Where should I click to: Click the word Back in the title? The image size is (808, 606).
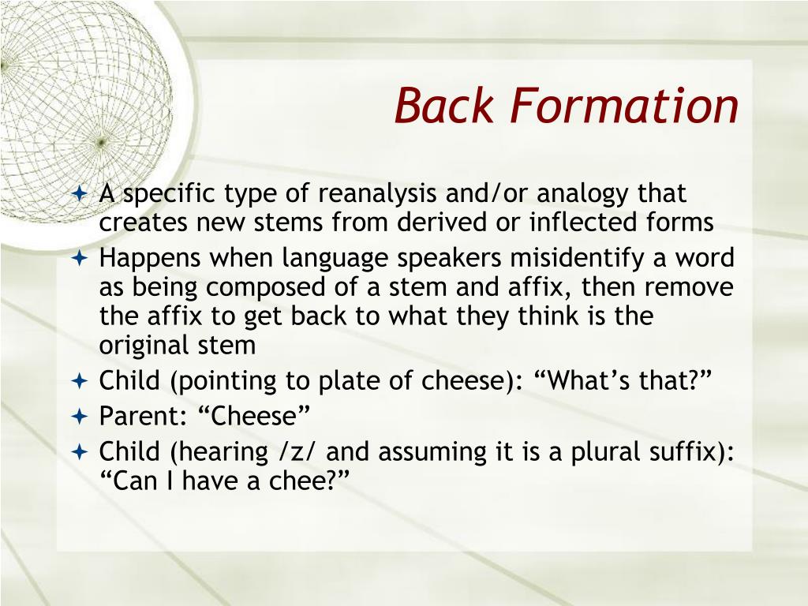(444, 106)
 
